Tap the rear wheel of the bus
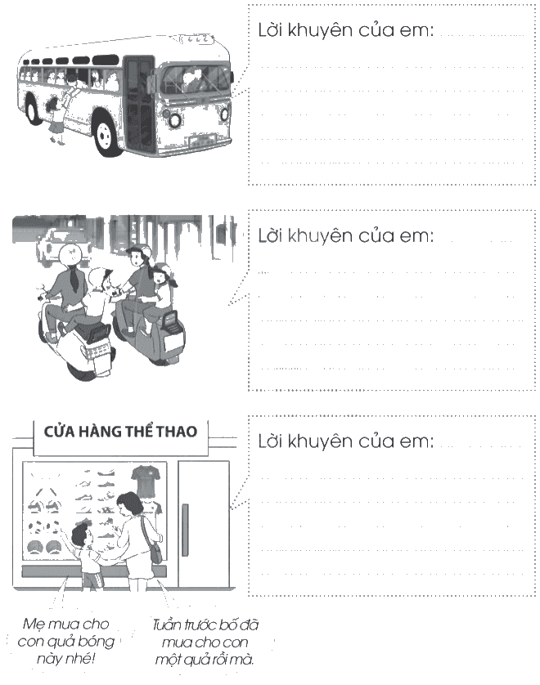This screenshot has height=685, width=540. (x=34, y=106)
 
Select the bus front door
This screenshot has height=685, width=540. (x=139, y=105)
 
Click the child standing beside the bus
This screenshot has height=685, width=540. (x=56, y=120)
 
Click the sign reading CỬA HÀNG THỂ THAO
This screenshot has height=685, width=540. (x=120, y=432)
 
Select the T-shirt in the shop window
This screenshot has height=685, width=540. (x=144, y=481)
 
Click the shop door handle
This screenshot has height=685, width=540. (x=185, y=530)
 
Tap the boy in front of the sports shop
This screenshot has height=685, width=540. (x=88, y=555)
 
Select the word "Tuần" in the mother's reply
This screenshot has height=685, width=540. (x=167, y=625)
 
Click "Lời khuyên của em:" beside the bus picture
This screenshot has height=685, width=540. (x=345, y=30)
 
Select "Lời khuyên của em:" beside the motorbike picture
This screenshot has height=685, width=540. (x=345, y=236)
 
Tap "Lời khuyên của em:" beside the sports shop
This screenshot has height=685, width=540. (x=345, y=441)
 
